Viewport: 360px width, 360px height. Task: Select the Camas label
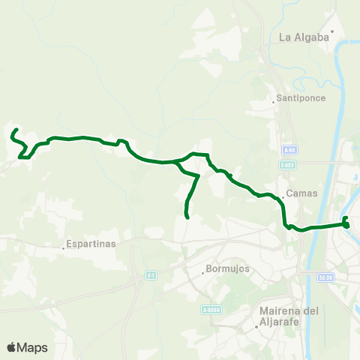(301, 193)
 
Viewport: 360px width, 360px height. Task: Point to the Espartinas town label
(91, 244)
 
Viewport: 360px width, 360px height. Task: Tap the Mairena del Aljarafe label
(289, 316)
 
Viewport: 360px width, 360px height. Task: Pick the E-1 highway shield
(151, 275)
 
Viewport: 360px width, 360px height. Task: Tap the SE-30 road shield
(325, 277)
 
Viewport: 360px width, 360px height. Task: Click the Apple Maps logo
(27, 347)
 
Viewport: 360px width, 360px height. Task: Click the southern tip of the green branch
(186, 217)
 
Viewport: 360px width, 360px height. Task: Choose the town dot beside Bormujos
(202, 273)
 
